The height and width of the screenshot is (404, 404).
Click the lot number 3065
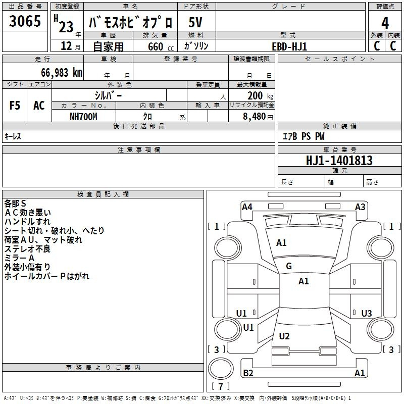(25, 22)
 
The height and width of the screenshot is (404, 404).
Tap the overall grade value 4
(385, 23)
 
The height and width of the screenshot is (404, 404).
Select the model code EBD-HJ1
(289, 46)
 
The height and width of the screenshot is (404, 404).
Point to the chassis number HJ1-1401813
(339, 161)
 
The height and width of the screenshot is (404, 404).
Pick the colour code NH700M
(83, 116)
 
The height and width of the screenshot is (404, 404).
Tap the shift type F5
(15, 106)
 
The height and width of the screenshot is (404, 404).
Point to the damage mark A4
(247, 207)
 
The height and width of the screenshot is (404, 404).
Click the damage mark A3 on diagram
(360, 207)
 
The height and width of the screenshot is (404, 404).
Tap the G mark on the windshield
(289, 266)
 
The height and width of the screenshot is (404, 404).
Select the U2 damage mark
(284, 336)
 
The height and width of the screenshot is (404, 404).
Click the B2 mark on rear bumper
(248, 373)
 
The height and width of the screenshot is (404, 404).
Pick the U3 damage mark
(367, 314)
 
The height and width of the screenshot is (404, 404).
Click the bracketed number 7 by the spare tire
(220, 387)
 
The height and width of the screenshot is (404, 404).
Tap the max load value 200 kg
(258, 96)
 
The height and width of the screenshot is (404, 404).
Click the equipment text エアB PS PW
(303, 136)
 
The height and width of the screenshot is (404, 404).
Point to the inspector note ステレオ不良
(28, 249)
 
